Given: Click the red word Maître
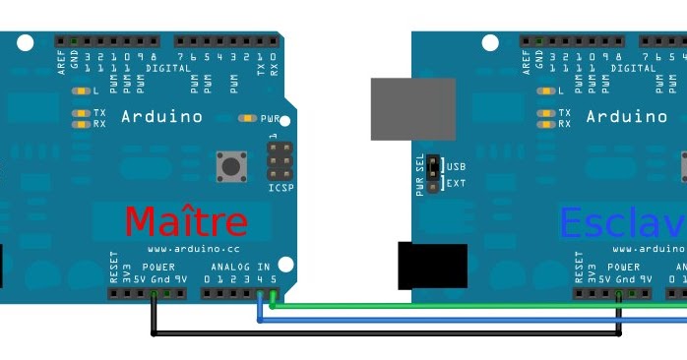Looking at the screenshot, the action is coord(186,222).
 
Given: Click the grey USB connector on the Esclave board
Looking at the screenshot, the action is coord(412,109).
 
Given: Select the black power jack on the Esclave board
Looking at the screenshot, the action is coord(432,266).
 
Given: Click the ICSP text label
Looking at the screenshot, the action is coord(281,187).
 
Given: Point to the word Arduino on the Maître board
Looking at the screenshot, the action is coord(161,116).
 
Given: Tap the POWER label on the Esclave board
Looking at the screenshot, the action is coord(623,267).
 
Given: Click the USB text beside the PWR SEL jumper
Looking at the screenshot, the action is coord(457,165).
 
